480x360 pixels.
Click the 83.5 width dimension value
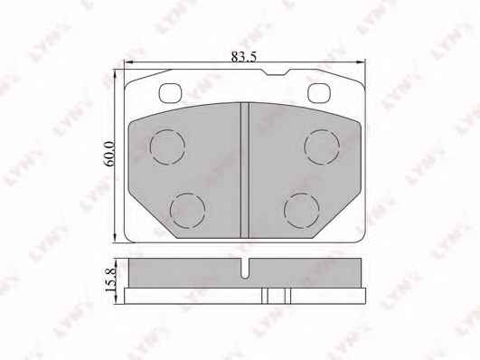click(x=243, y=57)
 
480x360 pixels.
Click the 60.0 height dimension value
click(x=109, y=154)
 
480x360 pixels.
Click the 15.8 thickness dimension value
click(x=110, y=279)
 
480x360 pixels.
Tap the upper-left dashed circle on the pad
click(x=168, y=147)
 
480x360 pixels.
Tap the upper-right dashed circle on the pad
click(x=322, y=147)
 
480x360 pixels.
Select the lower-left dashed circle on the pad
click(x=187, y=211)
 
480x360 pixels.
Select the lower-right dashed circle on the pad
click(x=302, y=211)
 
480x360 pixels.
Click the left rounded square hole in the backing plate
click(x=170, y=93)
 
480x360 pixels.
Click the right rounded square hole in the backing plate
click(x=319, y=93)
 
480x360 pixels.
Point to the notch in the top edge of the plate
click(x=275, y=72)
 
